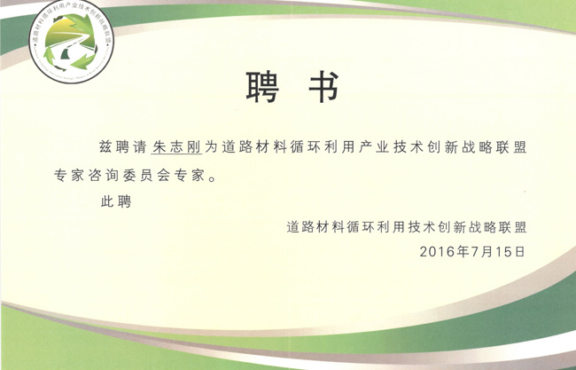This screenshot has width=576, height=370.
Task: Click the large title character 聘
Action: pos(262,87)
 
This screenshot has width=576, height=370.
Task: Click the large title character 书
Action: pos(323,87)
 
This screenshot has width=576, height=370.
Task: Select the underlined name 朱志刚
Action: pos(176,146)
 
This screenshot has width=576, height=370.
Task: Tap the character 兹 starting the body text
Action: pos(105,146)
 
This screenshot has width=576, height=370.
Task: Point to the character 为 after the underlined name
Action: pos(211,146)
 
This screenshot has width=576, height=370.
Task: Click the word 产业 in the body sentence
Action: pos(374,146)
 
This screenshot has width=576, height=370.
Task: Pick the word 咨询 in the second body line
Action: pos(103,176)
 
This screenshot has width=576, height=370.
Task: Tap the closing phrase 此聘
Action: pos(116,201)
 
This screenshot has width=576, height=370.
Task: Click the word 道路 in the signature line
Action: pos(300,227)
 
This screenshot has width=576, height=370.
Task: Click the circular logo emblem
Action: pos(71,41)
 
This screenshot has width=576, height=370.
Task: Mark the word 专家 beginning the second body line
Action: pos(69,176)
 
